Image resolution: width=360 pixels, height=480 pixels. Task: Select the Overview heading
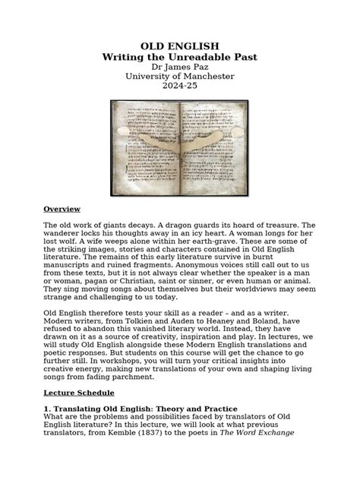(x=62, y=209)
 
